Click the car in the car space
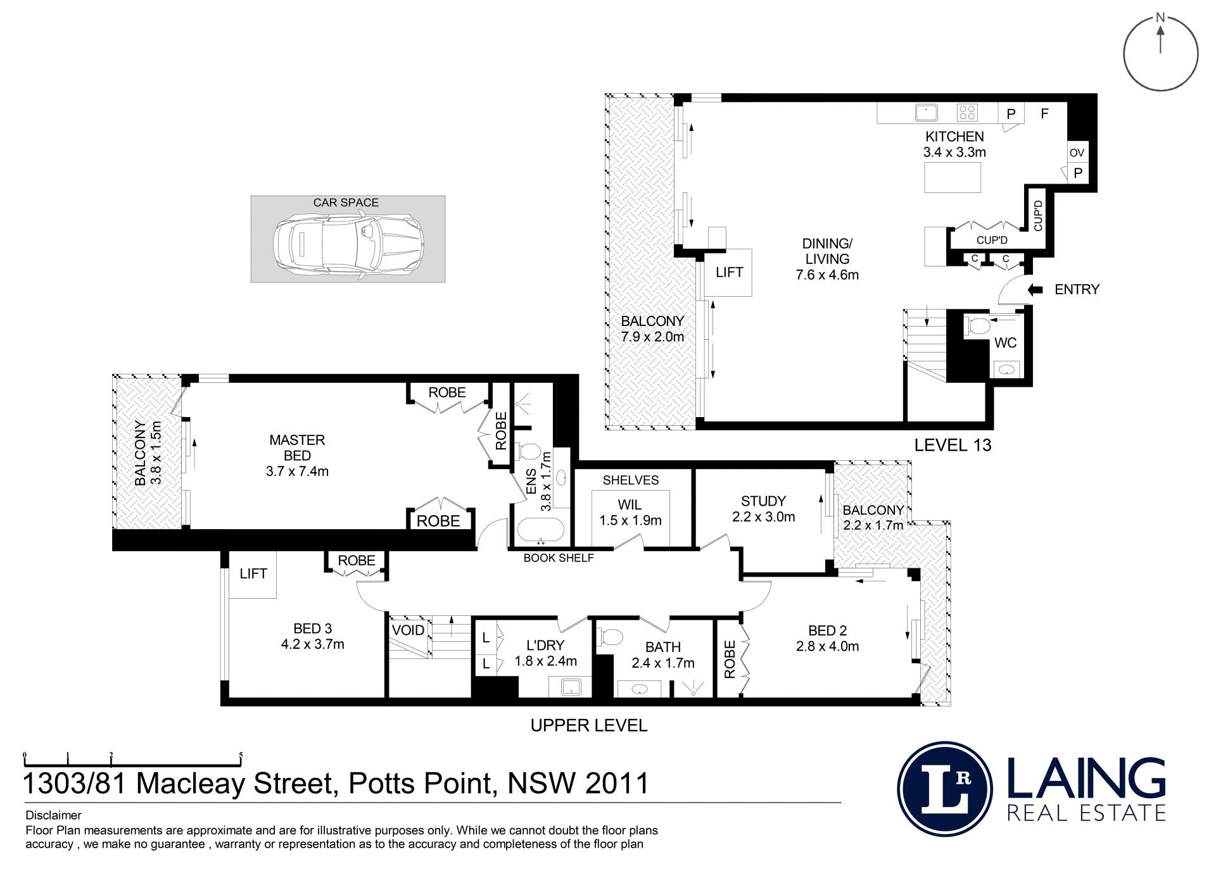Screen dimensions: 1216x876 click(x=348, y=242)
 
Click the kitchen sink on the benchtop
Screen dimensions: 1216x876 click(x=926, y=113)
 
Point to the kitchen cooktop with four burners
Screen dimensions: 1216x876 click(x=967, y=113)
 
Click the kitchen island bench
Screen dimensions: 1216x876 click(x=953, y=177)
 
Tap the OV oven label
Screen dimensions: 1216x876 click(x=1077, y=153)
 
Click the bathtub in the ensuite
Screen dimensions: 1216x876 click(x=540, y=530)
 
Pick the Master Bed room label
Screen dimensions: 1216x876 click(x=297, y=455)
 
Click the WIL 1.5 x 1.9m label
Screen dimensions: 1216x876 click(x=630, y=513)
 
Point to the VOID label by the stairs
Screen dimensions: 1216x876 click(x=408, y=630)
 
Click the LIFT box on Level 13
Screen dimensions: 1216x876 click(x=729, y=272)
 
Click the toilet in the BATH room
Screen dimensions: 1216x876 click(x=611, y=637)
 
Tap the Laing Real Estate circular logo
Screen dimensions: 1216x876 click(x=945, y=789)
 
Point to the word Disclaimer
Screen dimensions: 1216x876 click(x=54, y=815)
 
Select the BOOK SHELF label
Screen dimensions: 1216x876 click(x=559, y=558)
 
